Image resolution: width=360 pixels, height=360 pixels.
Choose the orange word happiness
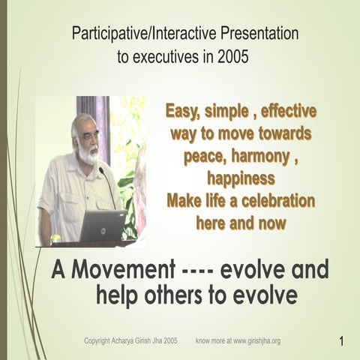pos(240,179)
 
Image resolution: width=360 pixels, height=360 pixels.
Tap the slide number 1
pos(341,342)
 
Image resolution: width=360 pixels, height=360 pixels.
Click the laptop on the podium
pos(102,225)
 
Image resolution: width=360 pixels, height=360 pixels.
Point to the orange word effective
pos(283,112)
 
